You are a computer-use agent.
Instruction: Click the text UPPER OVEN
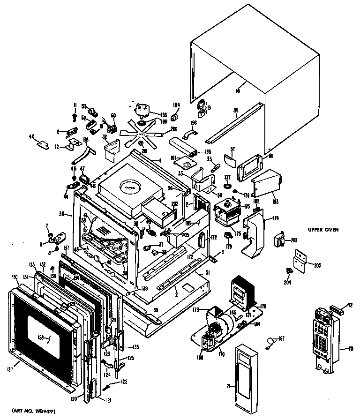(x=323, y=230)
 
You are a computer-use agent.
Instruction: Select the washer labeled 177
(x=228, y=187)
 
